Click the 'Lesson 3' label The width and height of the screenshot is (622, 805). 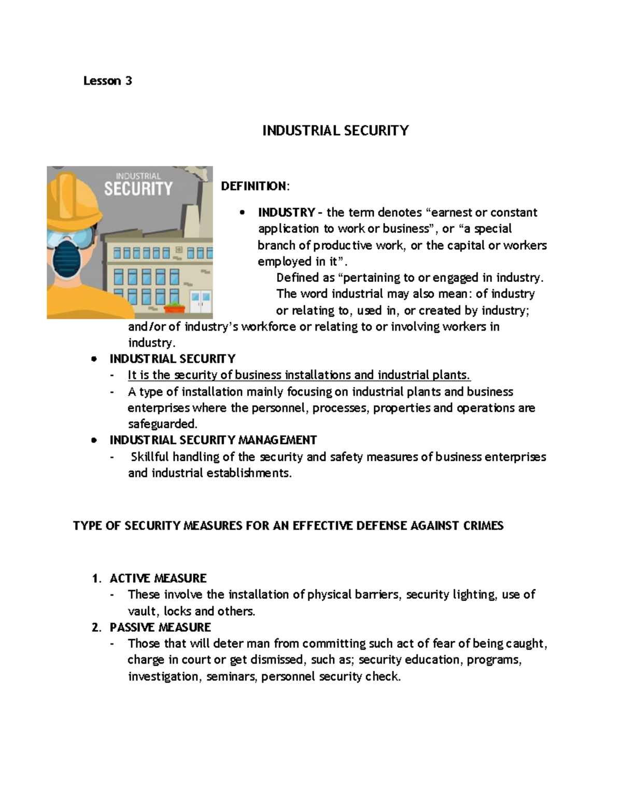(x=108, y=81)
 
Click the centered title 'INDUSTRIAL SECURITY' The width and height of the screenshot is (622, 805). (x=335, y=131)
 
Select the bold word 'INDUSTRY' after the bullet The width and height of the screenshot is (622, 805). (x=286, y=213)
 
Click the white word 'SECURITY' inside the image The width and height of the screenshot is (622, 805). (x=138, y=188)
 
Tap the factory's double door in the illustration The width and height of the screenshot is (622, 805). (x=201, y=302)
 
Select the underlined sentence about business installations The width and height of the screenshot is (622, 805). (x=299, y=375)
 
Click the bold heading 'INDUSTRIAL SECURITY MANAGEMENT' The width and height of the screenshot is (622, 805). (x=213, y=441)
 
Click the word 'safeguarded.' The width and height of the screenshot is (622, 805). (x=163, y=425)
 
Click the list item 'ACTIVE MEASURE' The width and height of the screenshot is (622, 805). (x=158, y=578)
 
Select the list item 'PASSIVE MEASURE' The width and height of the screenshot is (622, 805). (x=160, y=628)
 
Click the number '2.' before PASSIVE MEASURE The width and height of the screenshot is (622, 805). (x=95, y=628)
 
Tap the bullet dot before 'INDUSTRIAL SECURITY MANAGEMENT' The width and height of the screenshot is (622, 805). (x=93, y=441)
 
